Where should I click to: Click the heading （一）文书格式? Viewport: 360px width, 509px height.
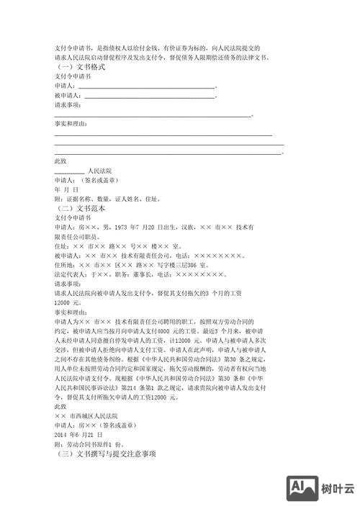pyautogui.click(x=80, y=66)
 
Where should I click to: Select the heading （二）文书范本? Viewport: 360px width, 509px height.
pyautogui.click(x=80, y=207)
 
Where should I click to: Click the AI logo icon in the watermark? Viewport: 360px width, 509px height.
pyautogui.click(x=301, y=489)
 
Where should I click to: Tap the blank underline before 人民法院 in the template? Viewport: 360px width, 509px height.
pyautogui.click(x=69, y=172)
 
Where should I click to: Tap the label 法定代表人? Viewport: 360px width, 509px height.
pyautogui.click(x=70, y=274)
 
